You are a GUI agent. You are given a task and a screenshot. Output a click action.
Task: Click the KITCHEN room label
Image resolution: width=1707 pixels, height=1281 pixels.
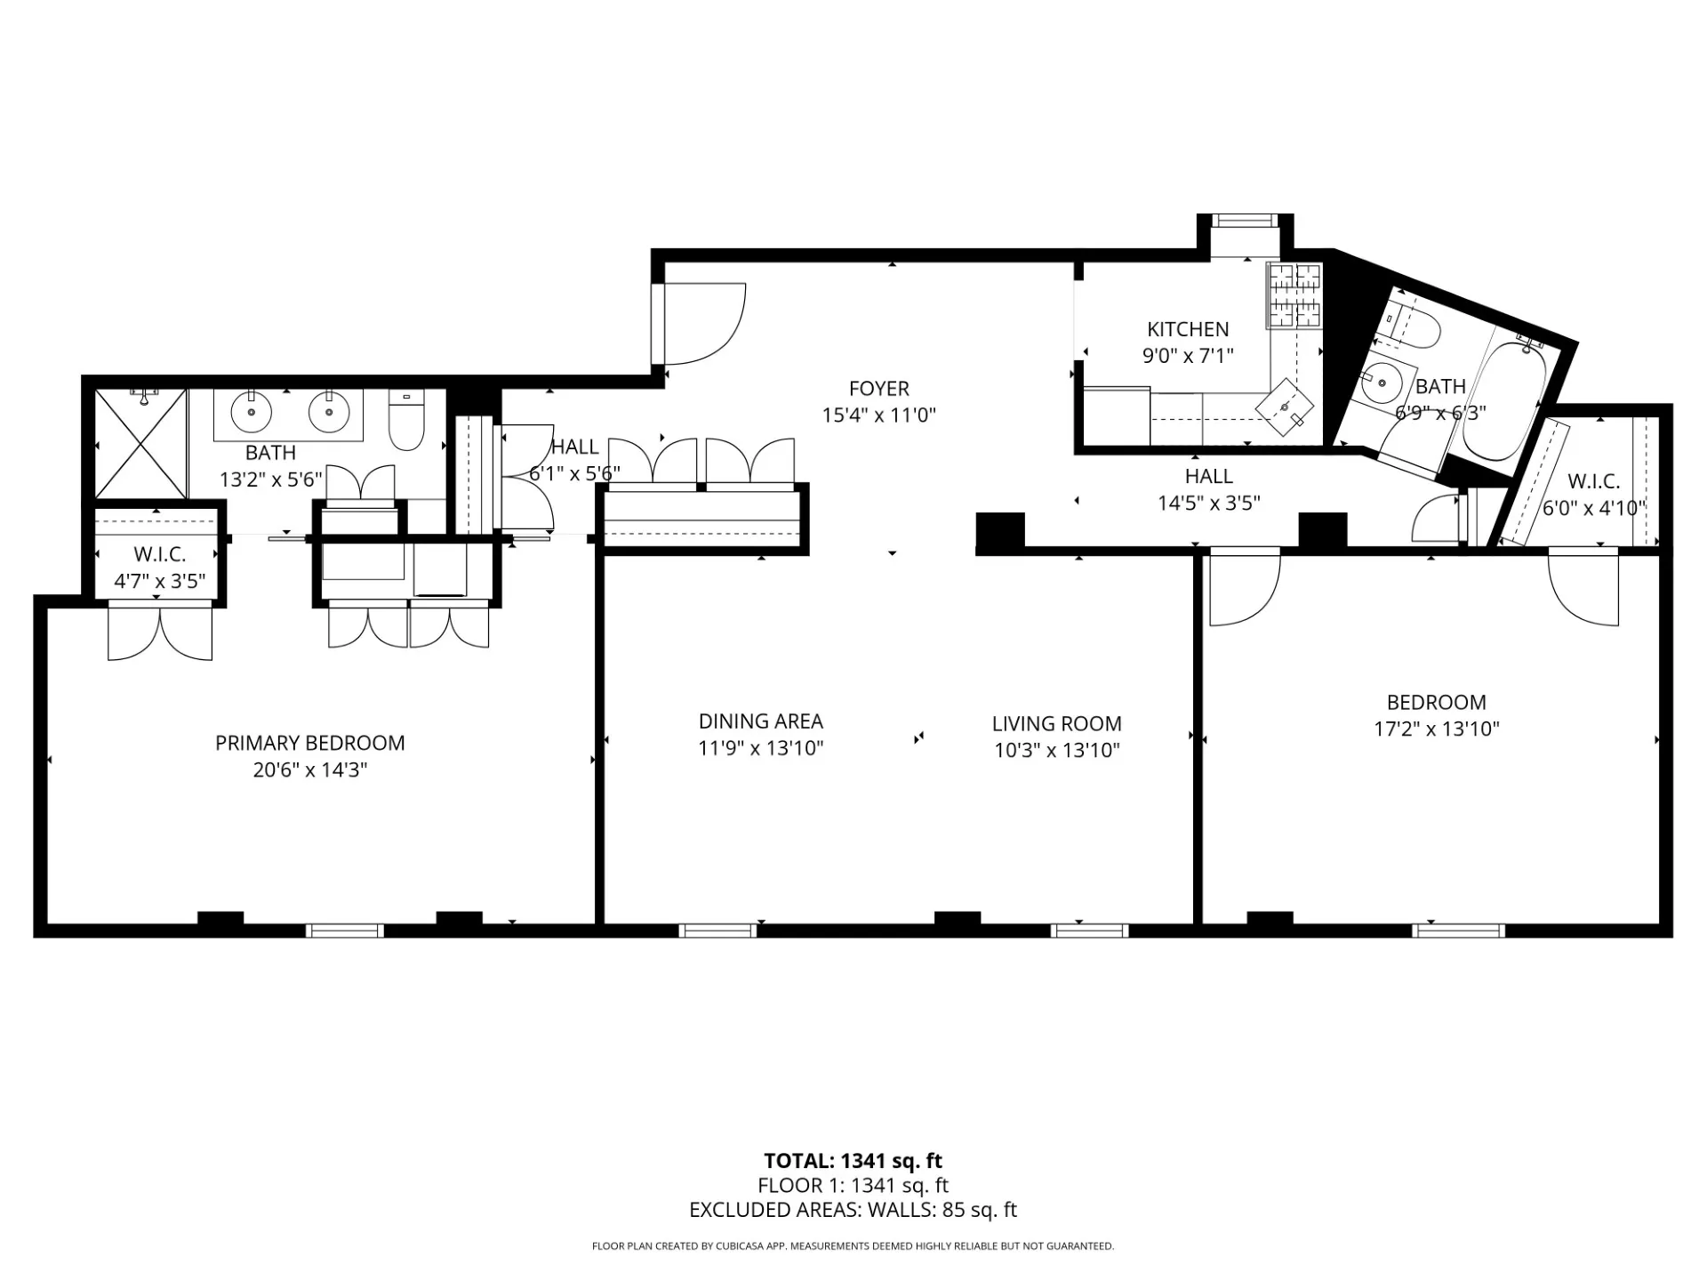point(1188,329)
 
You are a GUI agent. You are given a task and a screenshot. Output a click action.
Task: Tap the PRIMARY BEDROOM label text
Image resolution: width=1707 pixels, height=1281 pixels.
point(309,743)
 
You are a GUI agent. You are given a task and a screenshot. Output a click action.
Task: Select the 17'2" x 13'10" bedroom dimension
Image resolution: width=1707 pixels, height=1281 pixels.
point(1436,729)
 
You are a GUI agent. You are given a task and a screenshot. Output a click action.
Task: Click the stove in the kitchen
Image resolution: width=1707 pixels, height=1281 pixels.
point(1294,296)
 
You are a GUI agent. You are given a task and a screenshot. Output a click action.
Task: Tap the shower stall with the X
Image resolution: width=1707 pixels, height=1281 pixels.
point(140,443)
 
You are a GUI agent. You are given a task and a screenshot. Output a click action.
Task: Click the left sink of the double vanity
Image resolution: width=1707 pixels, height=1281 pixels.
point(252,411)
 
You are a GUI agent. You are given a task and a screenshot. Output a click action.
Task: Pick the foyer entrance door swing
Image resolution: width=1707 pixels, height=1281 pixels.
point(702,324)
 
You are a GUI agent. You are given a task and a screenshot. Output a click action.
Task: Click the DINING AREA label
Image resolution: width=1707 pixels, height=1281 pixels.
point(760,721)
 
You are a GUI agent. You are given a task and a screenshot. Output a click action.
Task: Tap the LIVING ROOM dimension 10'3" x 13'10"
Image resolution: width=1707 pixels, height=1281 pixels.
point(1056,750)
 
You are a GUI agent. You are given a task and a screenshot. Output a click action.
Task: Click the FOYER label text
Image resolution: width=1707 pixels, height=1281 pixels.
point(878,389)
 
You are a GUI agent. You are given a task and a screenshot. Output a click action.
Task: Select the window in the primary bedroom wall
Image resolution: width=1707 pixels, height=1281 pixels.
point(345,931)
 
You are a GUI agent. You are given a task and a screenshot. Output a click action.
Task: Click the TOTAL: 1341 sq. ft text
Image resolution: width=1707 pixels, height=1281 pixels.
point(853,1161)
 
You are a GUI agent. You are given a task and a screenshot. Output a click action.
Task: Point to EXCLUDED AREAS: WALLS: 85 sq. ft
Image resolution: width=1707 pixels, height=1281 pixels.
point(853,1210)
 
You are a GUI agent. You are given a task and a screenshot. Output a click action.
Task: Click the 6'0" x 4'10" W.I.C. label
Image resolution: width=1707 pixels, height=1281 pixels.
point(1593,508)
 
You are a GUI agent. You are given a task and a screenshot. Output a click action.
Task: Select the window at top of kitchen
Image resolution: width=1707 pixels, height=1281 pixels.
point(1245,221)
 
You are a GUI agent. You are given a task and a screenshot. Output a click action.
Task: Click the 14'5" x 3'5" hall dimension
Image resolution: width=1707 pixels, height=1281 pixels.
point(1208,503)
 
